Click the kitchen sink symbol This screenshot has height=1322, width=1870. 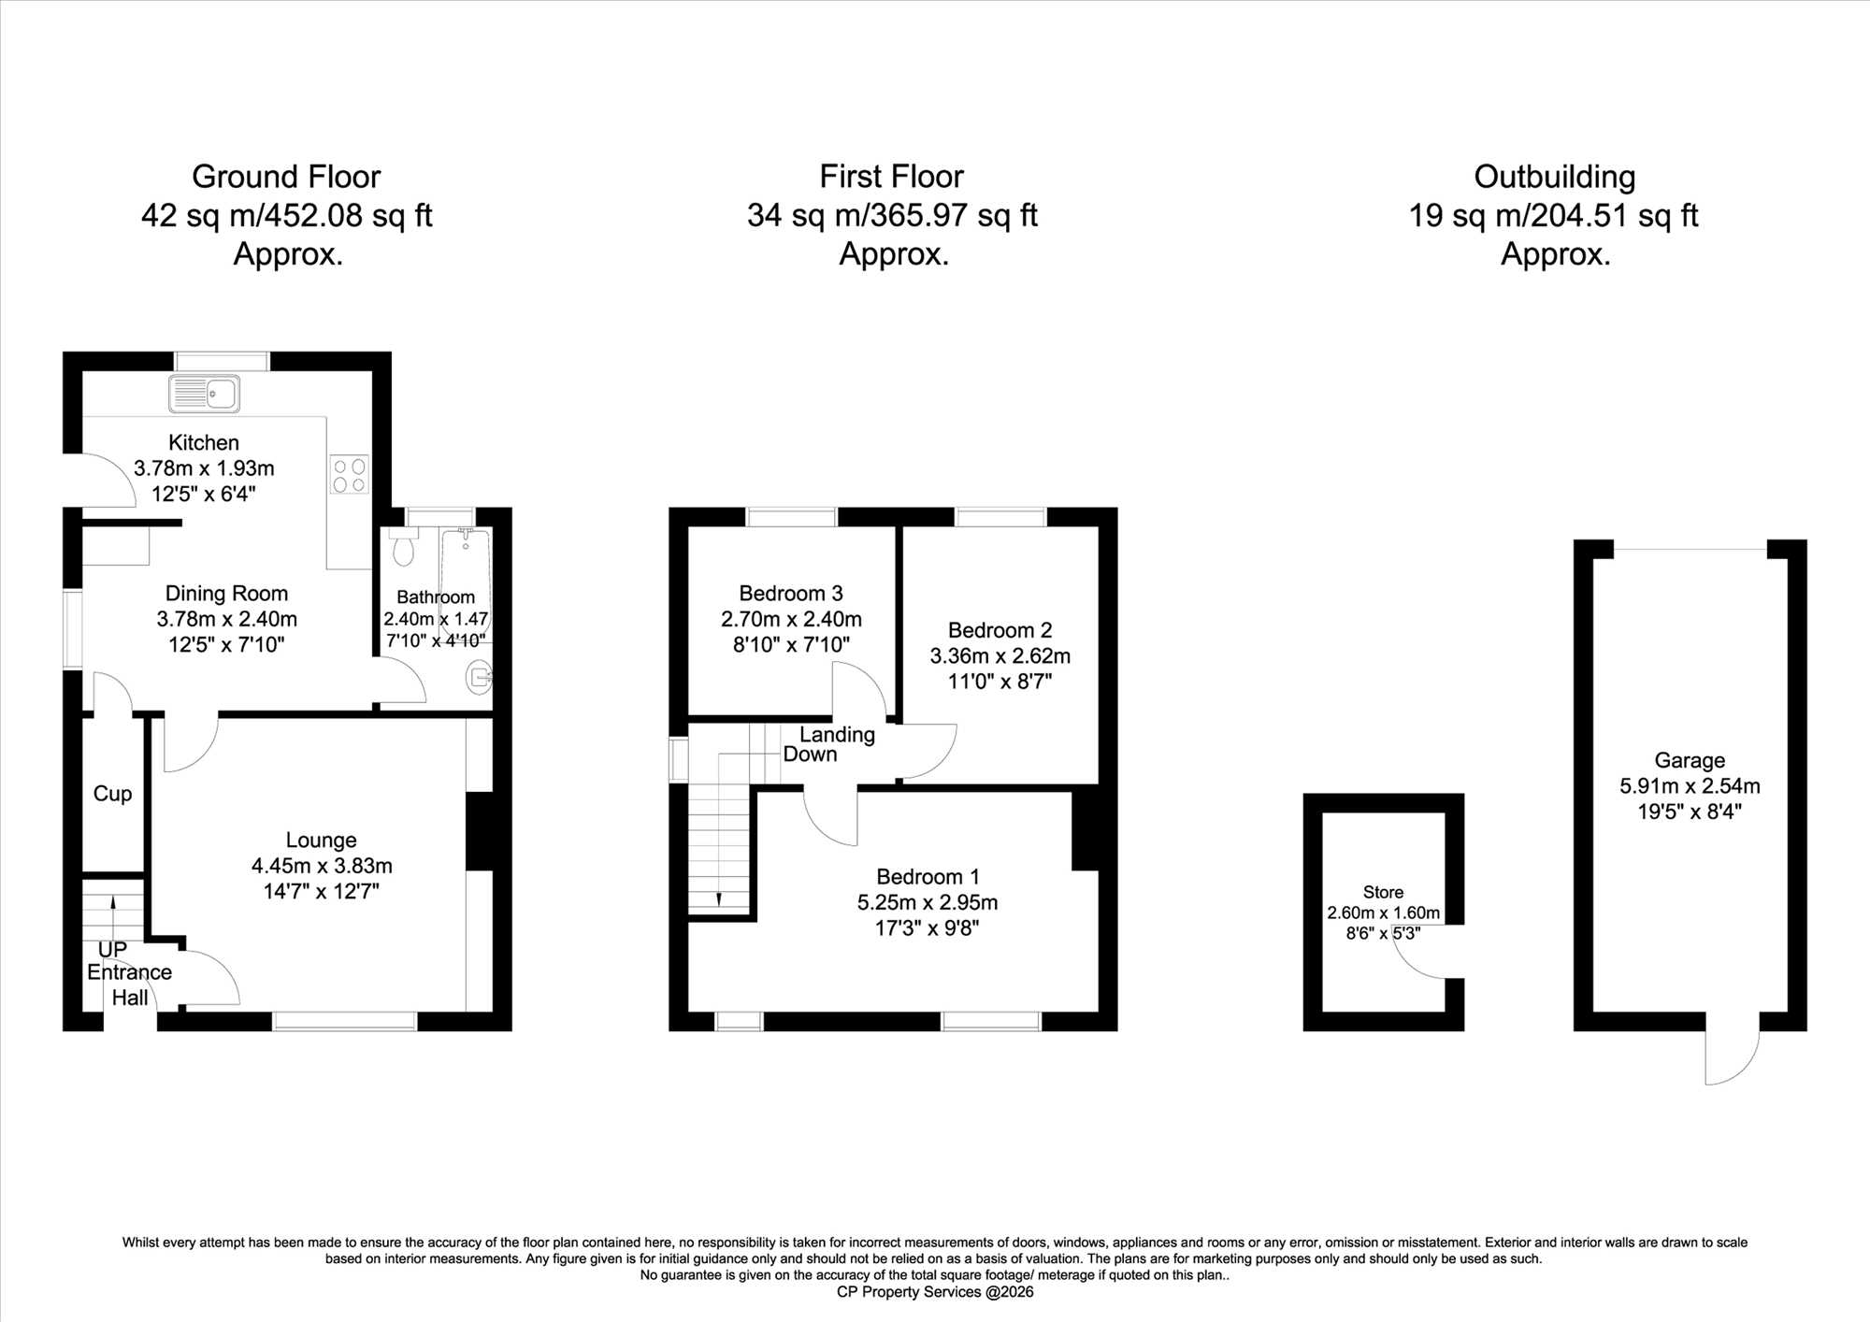[204, 394]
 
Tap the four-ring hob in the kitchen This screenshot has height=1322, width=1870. [349, 475]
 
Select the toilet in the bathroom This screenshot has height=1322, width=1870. [403, 547]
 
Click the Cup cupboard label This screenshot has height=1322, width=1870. [112, 794]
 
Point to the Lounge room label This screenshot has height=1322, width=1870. [321, 841]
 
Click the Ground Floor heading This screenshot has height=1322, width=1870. [286, 177]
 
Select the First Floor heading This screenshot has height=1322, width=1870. [891, 177]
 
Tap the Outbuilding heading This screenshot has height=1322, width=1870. [1554, 177]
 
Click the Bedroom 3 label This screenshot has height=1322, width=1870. [791, 594]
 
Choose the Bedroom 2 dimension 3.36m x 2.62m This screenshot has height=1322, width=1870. [1000, 656]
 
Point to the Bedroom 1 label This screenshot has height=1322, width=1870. [928, 877]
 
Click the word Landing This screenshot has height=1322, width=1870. [837, 736]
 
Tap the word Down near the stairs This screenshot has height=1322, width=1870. [810, 754]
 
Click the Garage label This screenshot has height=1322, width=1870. [1690, 761]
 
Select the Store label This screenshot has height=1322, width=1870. [1383, 893]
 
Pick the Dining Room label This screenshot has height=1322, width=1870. [226, 594]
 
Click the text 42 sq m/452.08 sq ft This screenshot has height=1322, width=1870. [286, 216]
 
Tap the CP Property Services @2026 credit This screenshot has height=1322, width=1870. [935, 1292]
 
